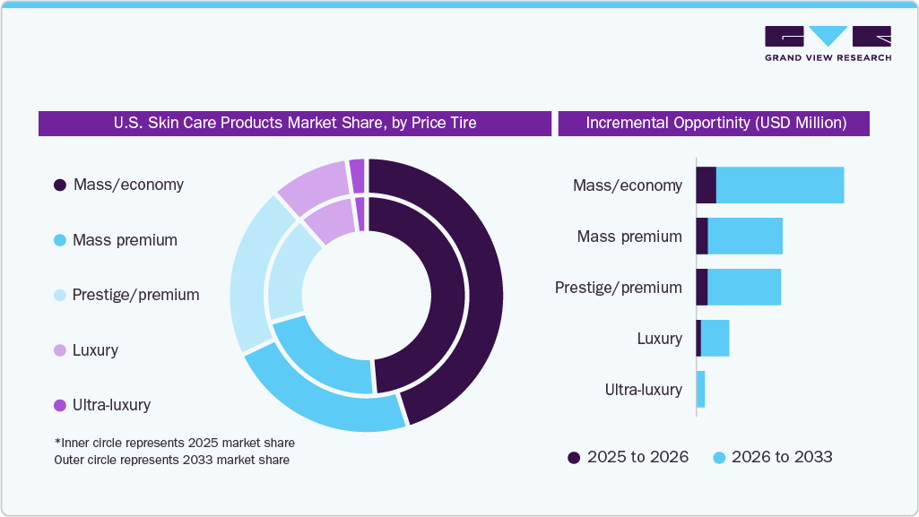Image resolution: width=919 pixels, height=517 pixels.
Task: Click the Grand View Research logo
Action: click(827, 43)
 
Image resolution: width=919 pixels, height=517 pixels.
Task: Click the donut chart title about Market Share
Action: click(295, 123)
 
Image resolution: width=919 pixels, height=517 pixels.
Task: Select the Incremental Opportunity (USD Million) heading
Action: click(715, 123)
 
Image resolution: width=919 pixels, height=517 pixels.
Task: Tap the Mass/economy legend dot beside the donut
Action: click(60, 185)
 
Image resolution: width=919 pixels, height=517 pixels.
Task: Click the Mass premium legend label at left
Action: click(125, 240)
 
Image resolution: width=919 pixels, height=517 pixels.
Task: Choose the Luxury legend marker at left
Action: click(60, 350)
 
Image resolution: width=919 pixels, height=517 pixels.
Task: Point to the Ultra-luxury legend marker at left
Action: click(60, 405)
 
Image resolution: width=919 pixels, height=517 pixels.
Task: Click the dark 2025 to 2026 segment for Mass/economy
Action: click(706, 185)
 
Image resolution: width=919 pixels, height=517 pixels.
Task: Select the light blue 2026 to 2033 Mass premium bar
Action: click(745, 237)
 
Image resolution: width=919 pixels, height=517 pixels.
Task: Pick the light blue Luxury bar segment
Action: click(715, 339)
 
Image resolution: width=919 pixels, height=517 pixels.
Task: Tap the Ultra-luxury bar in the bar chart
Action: click(700, 390)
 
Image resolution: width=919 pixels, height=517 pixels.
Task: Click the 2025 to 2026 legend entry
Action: click(628, 457)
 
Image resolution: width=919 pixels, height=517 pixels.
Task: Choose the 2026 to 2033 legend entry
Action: click(772, 457)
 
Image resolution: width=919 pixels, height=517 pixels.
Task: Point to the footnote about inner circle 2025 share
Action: click(174, 443)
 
